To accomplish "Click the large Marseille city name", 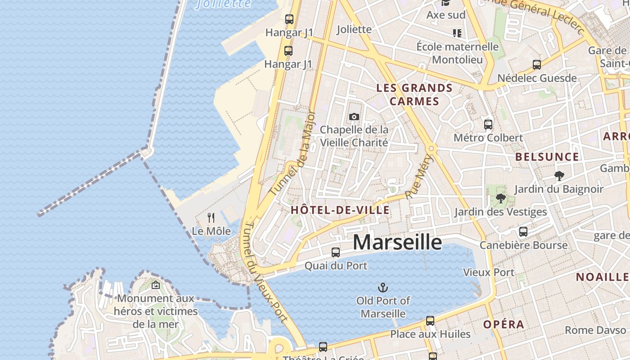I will click(397, 242).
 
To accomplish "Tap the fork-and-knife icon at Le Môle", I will click(211, 218).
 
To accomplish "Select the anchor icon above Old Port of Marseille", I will click(383, 287).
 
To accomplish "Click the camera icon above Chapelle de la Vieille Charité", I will click(354, 117).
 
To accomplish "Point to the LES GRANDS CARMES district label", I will click(414, 94).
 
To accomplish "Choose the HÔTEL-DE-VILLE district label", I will click(340, 210).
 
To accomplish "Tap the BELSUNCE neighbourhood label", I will click(547, 157).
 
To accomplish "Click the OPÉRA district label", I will click(504, 324).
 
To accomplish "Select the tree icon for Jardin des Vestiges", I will click(500, 198).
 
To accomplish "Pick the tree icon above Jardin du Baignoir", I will click(559, 176).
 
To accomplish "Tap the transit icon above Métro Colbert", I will click(488, 124).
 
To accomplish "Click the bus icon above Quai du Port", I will click(336, 252).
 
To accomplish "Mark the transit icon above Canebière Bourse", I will click(523, 232).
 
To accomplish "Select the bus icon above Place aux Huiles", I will click(430, 321).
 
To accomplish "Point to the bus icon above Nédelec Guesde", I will click(537, 65).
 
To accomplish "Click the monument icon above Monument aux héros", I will click(156, 285).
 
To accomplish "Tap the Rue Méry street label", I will click(418, 177).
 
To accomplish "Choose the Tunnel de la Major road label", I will click(292, 153).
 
